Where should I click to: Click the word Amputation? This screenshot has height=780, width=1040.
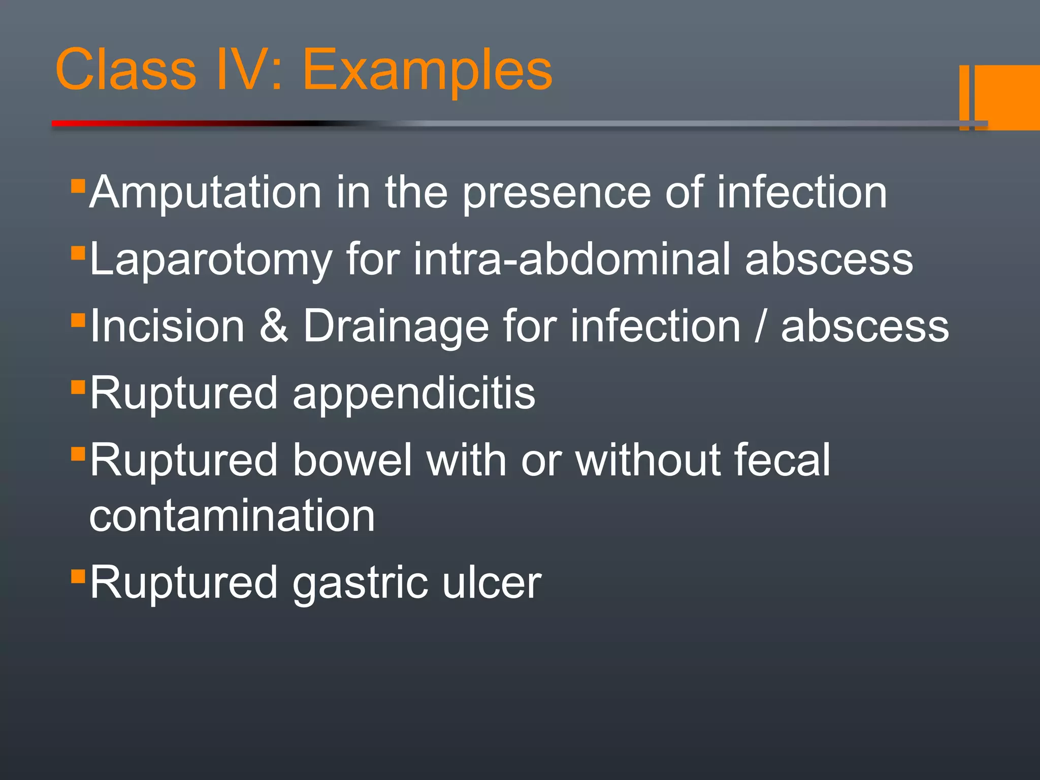(x=205, y=193)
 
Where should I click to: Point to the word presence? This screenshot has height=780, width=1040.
(x=557, y=193)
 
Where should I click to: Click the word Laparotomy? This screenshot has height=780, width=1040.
(x=210, y=260)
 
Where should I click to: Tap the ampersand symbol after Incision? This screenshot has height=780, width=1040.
(x=274, y=326)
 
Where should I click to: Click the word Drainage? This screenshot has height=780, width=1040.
(x=396, y=326)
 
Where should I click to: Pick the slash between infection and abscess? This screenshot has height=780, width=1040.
(x=760, y=326)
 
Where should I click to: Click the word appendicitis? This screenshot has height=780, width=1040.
(x=413, y=394)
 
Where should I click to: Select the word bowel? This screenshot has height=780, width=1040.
(x=352, y=460)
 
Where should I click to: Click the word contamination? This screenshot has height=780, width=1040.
(x=232, y=516)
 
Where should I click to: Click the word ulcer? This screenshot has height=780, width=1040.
(x=492, y=583)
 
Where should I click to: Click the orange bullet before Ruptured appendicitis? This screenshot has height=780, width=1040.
(x=78, y=387)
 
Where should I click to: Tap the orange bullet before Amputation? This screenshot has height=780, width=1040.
(x=78, y=186)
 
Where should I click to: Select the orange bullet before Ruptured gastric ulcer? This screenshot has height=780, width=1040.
(x=78, y=576)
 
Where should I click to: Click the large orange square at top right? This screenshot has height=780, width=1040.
(x=1008, y=96)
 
